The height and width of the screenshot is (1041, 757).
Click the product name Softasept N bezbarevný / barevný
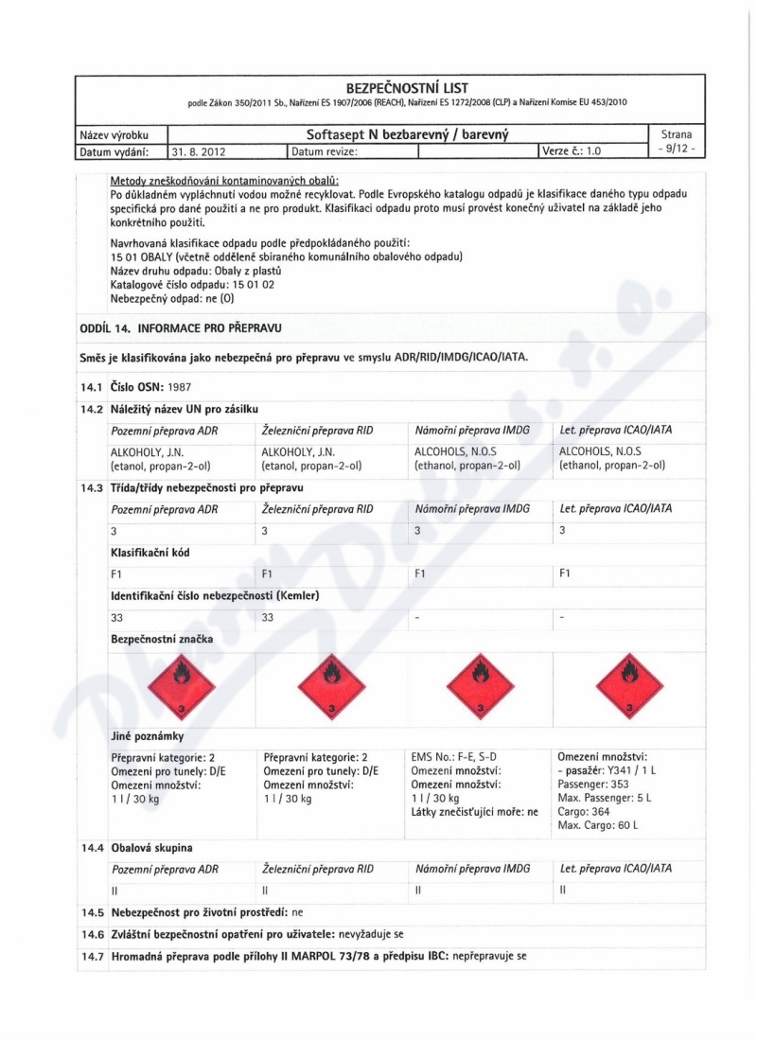coord(408,135)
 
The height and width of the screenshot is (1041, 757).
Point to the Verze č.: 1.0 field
coord(572,150)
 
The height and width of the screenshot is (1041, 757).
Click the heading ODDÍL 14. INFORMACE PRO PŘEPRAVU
coord(180,327)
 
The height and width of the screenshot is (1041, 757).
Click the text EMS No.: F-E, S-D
coord(454,756)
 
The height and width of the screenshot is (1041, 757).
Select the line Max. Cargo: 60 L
coord(598,825)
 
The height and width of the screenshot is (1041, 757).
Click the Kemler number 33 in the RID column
coord(267,617)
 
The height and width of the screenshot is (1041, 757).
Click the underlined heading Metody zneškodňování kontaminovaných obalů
coord(224,181)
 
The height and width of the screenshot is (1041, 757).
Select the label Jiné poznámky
coord(147,735)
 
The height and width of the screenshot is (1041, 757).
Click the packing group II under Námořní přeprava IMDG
coord(416,891)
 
